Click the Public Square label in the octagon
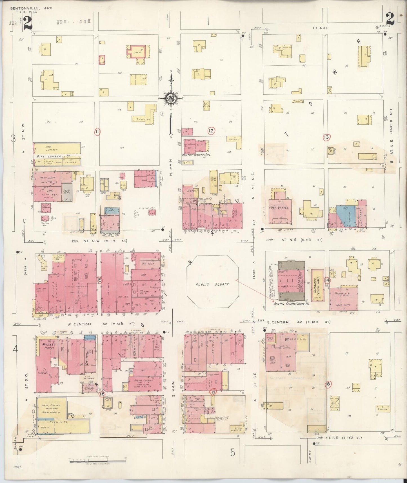point(212,284)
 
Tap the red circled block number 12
point(211,131)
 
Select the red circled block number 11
point(97,131)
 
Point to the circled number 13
point(326,137)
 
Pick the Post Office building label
point(279,207)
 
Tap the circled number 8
point(328,385)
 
